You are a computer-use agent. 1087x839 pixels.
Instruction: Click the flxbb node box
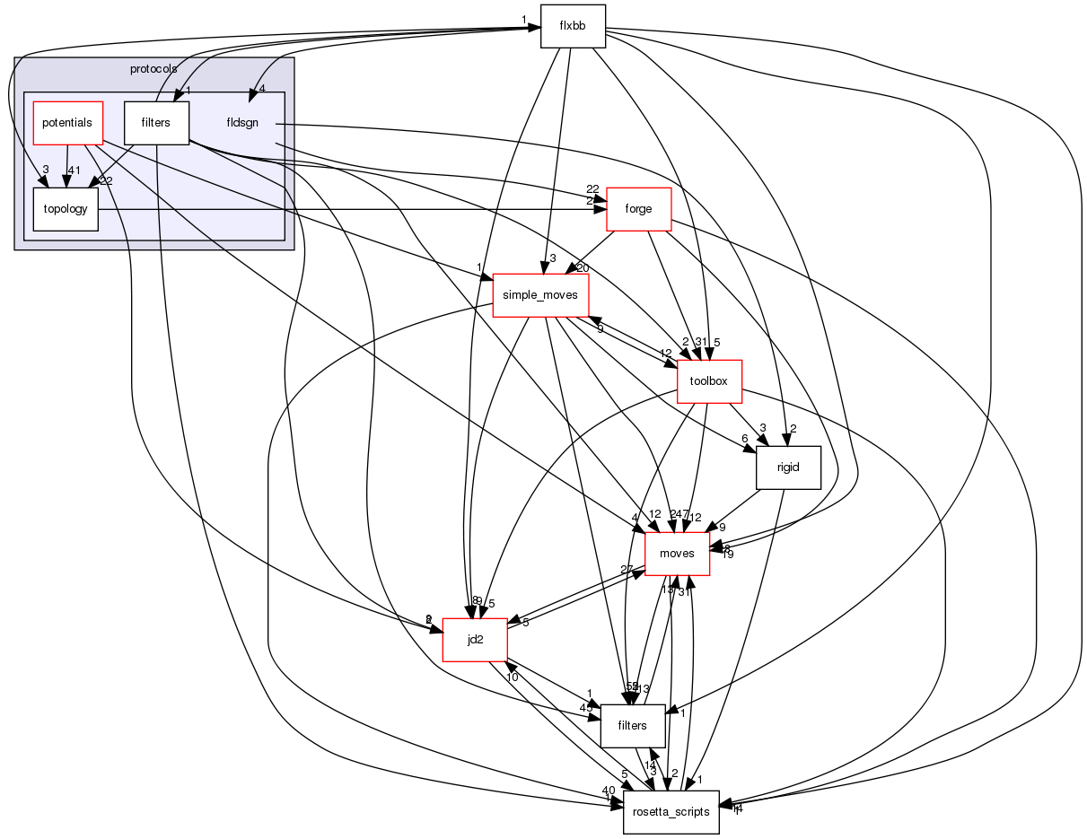pyautogui.click(x=573, y=26)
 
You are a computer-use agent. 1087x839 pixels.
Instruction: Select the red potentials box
pyautogui.click(x=67, y=122)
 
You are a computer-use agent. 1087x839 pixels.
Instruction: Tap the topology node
pyautogui.click(x=66, y=209)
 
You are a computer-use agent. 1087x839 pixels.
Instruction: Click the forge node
pyautogui.click(x=639, y=209)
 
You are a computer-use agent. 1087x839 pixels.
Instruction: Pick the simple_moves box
pyautogui.click(x=540, y=295)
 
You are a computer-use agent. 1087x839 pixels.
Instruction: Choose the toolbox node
pyautogui.click(x=708, y=381)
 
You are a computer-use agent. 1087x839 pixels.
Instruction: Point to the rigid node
pyautogui.click(x=789, y=468)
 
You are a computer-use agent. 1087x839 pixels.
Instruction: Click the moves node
pyautogui.click(x=677, y=554)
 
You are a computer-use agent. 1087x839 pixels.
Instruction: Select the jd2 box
pyautogui.click(x=476, y=640)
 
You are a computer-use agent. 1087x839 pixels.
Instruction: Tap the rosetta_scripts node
pyautogui.click(x=671, y=812)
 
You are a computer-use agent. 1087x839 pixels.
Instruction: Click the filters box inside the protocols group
pyautogui.click(x=156, y=122)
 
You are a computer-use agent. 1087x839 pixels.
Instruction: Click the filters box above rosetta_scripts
pyautogui.click(x=632, y=726)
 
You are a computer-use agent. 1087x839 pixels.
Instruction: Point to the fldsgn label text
pyautogui.click(x=242, y=123)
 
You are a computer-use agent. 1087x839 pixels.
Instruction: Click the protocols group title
pyautogui.click(x=153, y=68)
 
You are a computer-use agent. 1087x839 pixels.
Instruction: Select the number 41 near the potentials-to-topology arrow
pyautogui.click(x=75, y=170)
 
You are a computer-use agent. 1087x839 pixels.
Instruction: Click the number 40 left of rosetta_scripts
pyautogui.click(x=609, y=790)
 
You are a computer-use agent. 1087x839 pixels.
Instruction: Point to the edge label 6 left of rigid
pyautogui.click(x=744, y=439)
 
